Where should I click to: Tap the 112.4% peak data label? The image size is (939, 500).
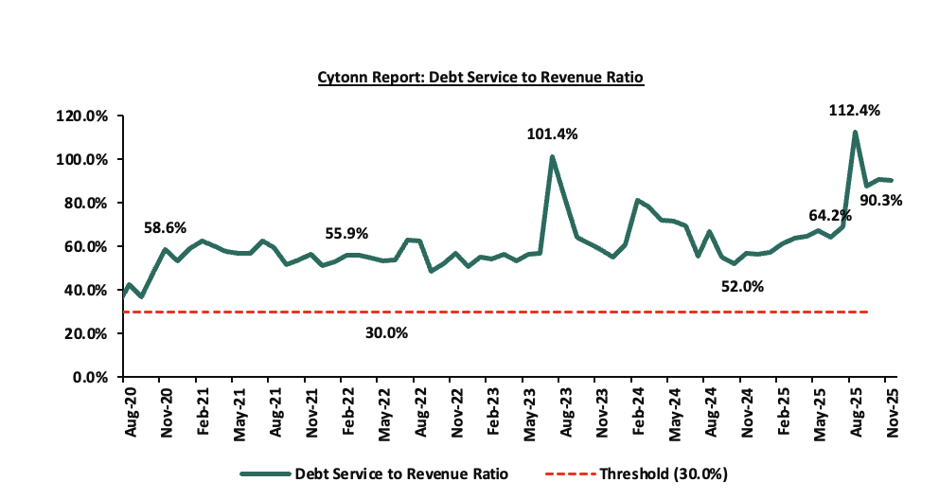pos(855,111)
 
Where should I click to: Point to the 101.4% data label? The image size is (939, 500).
pos(552,134)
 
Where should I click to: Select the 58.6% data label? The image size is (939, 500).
pos(165,228)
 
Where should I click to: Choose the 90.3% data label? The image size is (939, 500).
pos(881,201)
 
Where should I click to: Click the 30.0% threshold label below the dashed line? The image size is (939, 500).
pos(388,333)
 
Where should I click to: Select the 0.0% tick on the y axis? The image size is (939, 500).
pos(95,377)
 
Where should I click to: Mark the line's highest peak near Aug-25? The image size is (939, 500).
pos(855,133)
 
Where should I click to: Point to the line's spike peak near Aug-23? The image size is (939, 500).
pos(552,157)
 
